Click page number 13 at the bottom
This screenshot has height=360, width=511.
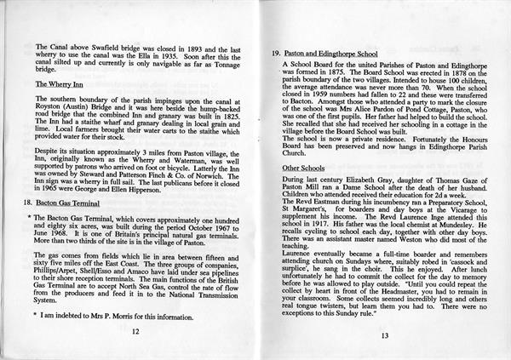pyautogui.click(x=384, y=335)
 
